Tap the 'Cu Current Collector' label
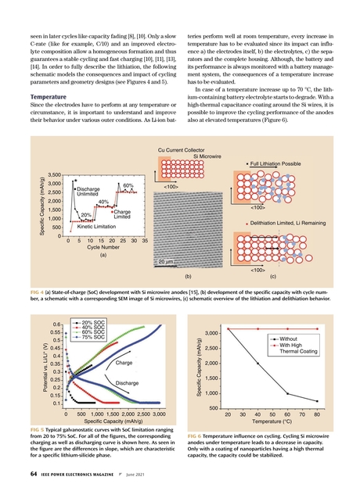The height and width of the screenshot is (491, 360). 185,149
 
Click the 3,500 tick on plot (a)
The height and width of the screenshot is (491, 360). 54,174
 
